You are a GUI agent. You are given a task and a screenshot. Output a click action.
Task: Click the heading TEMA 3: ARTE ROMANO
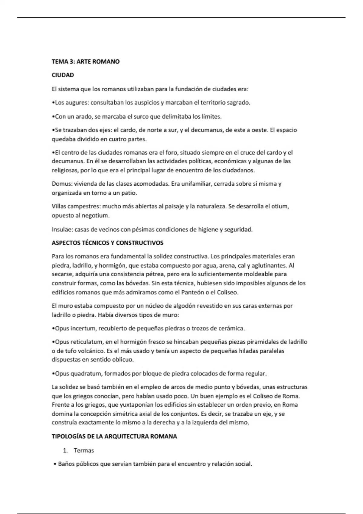point(86,62)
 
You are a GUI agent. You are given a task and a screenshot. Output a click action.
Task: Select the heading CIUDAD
point(63,75)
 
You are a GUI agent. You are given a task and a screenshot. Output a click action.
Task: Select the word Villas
point(59,207)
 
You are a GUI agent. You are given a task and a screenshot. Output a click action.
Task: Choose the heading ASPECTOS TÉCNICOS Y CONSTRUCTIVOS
point(107,243)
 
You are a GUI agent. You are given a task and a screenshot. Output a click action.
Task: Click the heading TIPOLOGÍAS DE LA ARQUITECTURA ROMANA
point(114,437)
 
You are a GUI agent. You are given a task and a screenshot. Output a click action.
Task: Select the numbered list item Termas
point(84,451)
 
